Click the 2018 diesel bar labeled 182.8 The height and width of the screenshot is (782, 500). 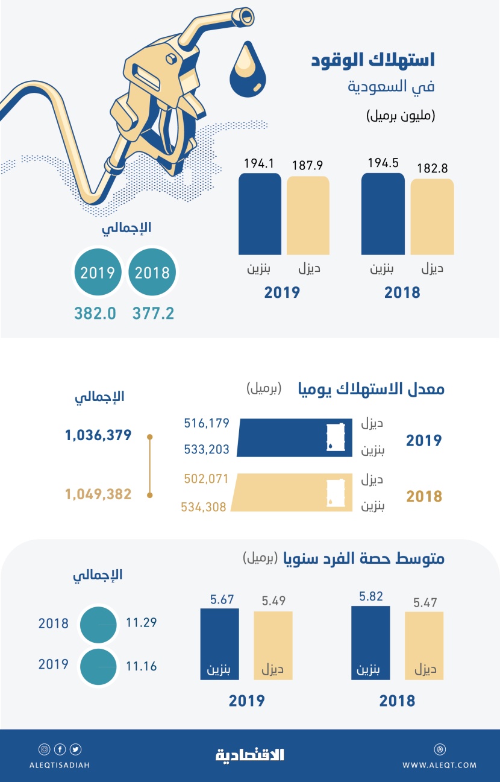(432, 216)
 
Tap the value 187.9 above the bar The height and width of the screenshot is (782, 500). (307, 165)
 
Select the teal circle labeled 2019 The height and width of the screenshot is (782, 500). (98, 273)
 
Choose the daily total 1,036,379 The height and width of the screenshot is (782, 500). (99, 435)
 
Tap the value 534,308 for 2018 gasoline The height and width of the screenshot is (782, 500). (204, 507)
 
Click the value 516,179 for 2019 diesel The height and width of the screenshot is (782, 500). (207, 423)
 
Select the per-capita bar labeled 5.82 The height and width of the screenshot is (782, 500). (370, 643)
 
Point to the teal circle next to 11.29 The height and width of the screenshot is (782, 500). (98, 625)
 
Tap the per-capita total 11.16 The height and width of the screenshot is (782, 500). (142, 666)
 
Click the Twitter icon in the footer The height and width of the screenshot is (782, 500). (76, 749)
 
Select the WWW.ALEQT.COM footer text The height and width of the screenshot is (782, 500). (439, 765)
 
